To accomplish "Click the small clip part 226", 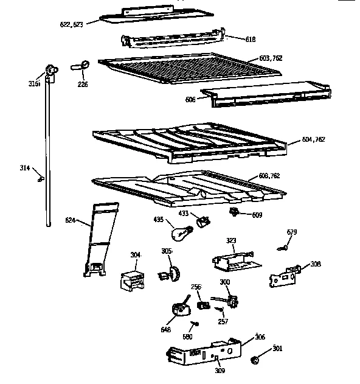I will [81, 65].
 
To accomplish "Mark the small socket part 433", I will [204, 217].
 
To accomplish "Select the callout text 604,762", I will [314, 139].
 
